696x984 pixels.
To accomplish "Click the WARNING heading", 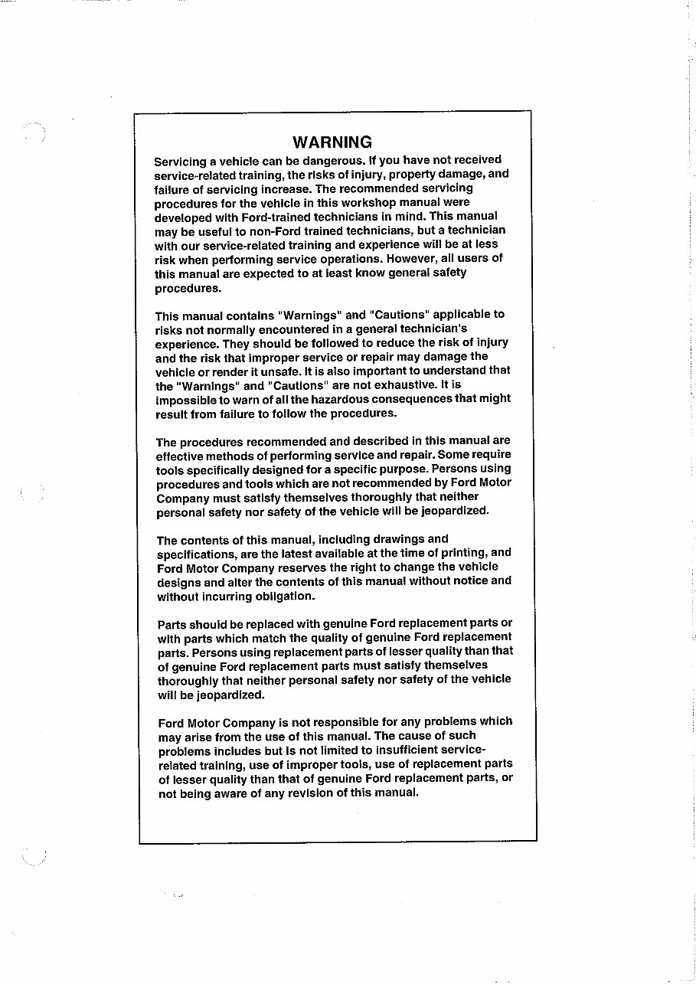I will click(x=332, y=142).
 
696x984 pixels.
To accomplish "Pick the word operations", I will click(x=348, y=260).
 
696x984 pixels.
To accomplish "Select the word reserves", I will click(x=297, y=567).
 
